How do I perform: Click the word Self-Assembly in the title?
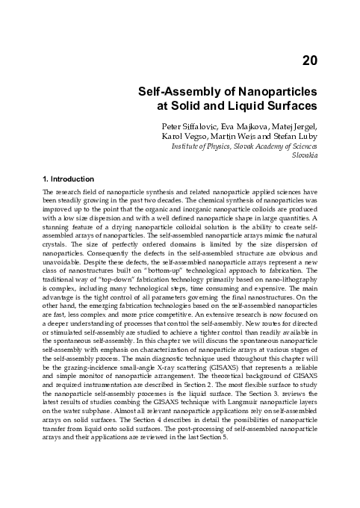point(167,92)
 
